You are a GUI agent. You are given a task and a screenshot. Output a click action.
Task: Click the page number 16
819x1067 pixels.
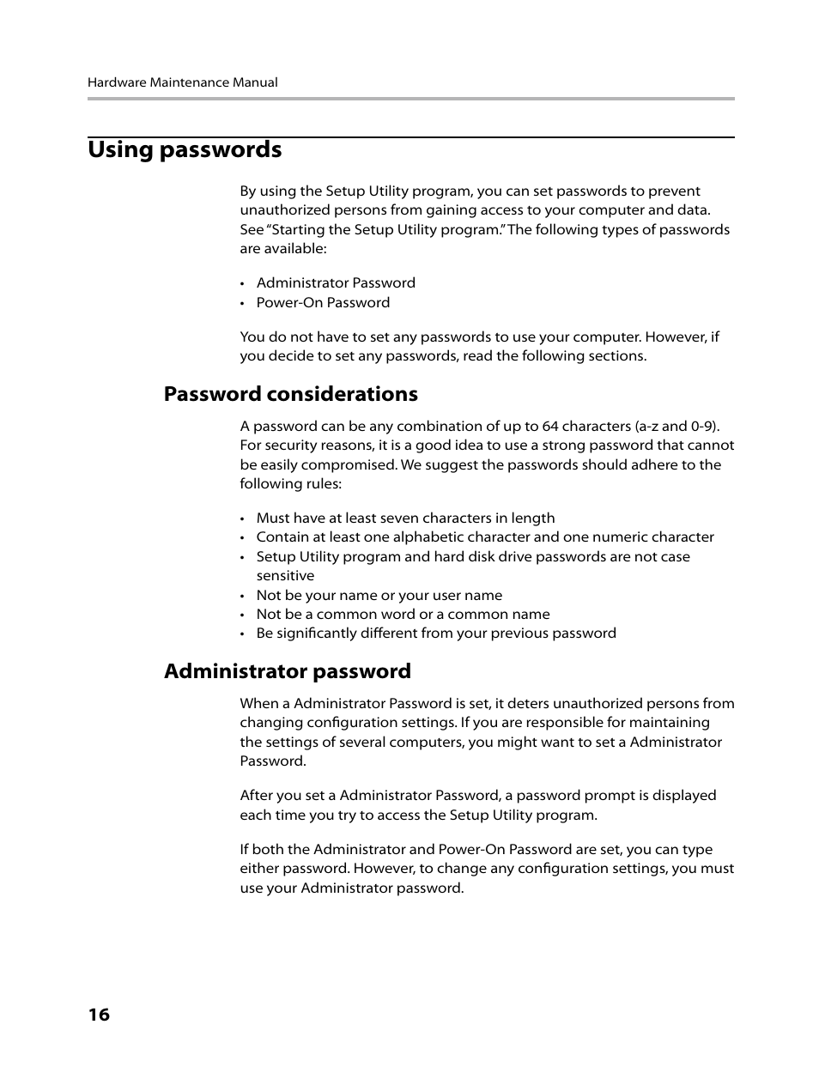99,1015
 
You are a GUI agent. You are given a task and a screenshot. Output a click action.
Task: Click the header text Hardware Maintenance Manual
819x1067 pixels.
182,82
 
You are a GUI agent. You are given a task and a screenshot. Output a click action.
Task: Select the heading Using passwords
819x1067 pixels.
185,149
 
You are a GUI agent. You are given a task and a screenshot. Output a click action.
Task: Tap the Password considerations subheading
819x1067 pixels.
290,394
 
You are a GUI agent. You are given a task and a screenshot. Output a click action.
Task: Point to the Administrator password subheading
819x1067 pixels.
287,671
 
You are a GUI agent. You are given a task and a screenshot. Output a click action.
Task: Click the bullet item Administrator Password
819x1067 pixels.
335,283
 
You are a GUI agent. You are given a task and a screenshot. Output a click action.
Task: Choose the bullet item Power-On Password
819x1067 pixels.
323,302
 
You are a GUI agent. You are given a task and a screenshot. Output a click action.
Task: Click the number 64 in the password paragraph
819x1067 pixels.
550,427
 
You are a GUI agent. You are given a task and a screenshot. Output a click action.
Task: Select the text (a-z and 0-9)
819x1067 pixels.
677,427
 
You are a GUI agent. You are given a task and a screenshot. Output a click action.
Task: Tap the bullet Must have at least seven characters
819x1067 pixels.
405,518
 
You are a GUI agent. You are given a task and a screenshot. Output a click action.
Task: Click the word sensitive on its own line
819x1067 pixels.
285,576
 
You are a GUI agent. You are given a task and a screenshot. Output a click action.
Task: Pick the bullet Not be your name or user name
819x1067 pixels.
379,596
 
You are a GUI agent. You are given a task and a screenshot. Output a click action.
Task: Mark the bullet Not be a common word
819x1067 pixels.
403,615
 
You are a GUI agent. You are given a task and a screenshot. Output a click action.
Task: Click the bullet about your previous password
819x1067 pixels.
435,634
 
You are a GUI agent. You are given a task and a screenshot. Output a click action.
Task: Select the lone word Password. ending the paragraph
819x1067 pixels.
272,761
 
